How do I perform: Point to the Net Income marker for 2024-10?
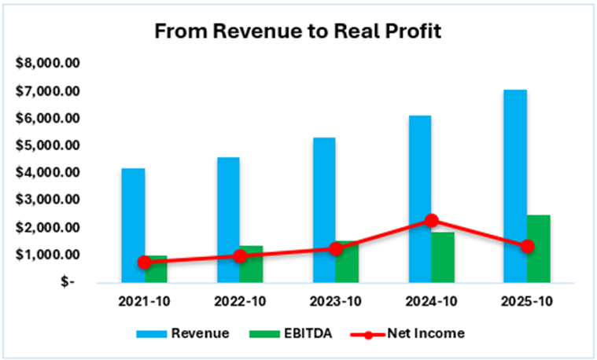[x=431, y=221]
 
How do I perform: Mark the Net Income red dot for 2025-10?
[x=527, y=246]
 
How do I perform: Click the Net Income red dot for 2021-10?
[x=145, y=262]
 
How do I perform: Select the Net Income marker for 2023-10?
[x=336, y=248]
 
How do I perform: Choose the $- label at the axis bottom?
[x=67, y=281]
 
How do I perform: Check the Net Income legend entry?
[x=409, y=333]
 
